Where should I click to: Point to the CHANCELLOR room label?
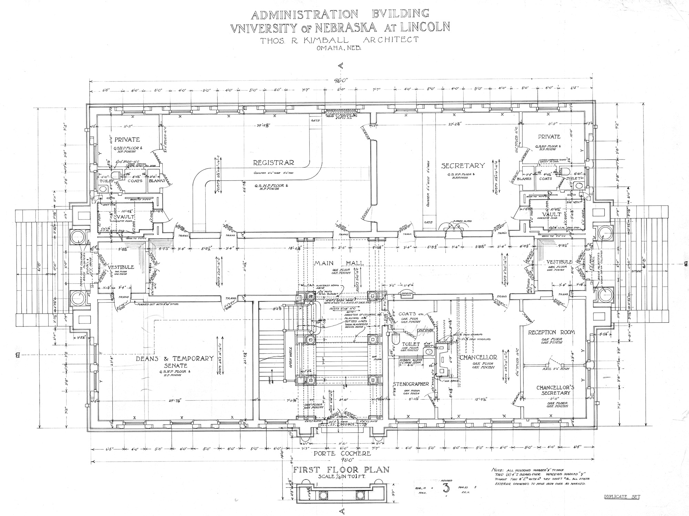pyautogui.click(x=478, y=357)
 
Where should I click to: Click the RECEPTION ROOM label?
pyautogui.click(x=552, y=332)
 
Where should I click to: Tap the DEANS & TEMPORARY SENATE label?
pyautogui.click(x=175, y=362)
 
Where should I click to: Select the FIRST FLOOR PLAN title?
pyautogui.click(x=341, y=469)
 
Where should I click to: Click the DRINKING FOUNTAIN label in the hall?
pyautogui.click(x=407, y=294)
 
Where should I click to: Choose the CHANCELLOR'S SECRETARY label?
pyautogui.click(x=555, y=390)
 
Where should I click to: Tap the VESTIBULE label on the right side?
pyautogui.click(x=559, y=262)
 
